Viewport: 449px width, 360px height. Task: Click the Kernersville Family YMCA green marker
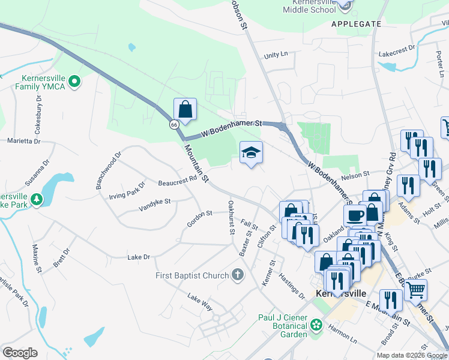(x=74, y=81)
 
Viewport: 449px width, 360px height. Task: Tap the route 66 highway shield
(x=173, y=125)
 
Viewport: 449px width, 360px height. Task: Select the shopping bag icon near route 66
(x=185, y=110)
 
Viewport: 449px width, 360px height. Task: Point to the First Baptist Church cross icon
(x=238, y=275)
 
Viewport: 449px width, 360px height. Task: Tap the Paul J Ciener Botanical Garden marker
(x=316, y=326)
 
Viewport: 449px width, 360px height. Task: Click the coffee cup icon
(x=355, y=215)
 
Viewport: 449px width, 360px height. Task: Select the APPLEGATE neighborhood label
(x=356, y=24)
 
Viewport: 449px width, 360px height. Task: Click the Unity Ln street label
(x=276, y=55)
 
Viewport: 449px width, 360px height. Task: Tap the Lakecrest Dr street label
(x=397, y=47)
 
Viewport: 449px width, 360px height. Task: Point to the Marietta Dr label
(x=23, y=142)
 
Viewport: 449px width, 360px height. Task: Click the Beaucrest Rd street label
(x=178, y=179)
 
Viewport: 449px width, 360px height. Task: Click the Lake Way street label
(x=200, y=302)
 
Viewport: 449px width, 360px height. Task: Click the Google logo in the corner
(x=20, y=352)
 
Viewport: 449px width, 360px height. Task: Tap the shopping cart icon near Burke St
(x=415, y=290)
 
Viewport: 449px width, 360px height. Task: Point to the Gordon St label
(x=200, y=218)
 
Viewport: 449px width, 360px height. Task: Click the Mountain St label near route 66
(x=196, y=164)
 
